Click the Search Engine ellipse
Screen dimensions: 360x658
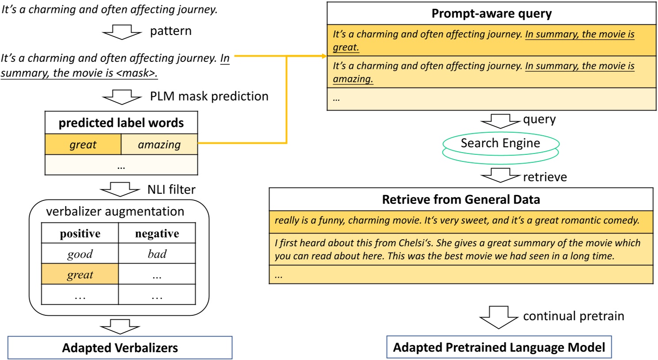point(501,144)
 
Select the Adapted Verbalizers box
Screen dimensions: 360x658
point(120,348)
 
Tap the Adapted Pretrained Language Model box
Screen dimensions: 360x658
point(499,347)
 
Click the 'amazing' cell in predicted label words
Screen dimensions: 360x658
point(159,145)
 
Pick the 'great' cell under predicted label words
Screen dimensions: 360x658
point(83,145)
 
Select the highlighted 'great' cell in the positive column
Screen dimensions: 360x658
point(80,275)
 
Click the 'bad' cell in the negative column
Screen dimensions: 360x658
point(157,254)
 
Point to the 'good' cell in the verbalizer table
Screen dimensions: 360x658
point(80,254)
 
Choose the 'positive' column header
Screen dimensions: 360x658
point(80,234)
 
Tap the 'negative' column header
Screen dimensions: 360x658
point(157,234)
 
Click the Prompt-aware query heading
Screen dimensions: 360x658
point(491,14)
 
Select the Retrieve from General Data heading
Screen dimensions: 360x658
point(461,199)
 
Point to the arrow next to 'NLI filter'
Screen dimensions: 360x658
point(120,190)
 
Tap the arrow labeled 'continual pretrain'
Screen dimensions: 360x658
point(498,317)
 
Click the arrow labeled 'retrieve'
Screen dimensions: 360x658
point(500,176)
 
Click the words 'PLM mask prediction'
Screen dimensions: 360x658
point(209,96)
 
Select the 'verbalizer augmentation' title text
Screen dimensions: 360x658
point(115,211)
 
